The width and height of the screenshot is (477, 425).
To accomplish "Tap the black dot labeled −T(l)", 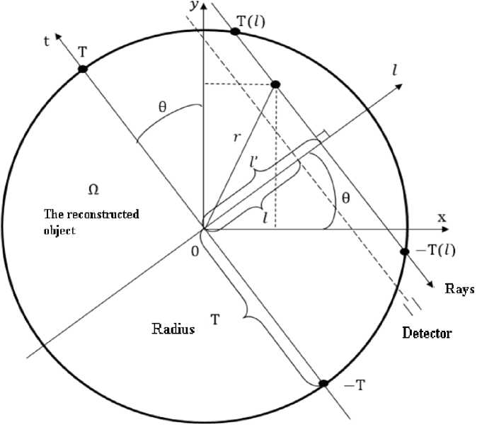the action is (x=405, y=251).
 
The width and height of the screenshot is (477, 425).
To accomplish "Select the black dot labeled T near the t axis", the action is (x=83, y=68).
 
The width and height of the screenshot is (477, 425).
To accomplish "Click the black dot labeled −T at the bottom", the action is (x=323, y=383).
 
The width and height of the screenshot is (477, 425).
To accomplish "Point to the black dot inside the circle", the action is (x=275, y=84).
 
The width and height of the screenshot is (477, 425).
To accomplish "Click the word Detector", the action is (x=426, y=332).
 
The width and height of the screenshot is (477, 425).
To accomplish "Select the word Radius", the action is (x=173, y=329).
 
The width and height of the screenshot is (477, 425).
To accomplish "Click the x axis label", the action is (x=442, y=218).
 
